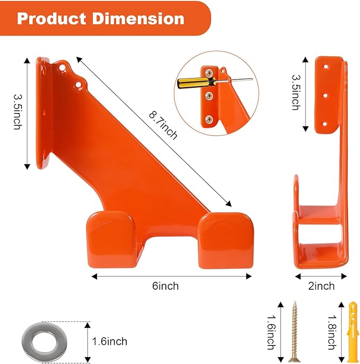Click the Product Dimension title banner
(x=101, y=19)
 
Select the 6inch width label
(x=165, y=286)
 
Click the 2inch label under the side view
(x=321, y=286)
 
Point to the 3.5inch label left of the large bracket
(x=17, y=113)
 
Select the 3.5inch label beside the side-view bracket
(x=295, y=93)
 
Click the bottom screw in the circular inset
(x=209, y=118)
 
